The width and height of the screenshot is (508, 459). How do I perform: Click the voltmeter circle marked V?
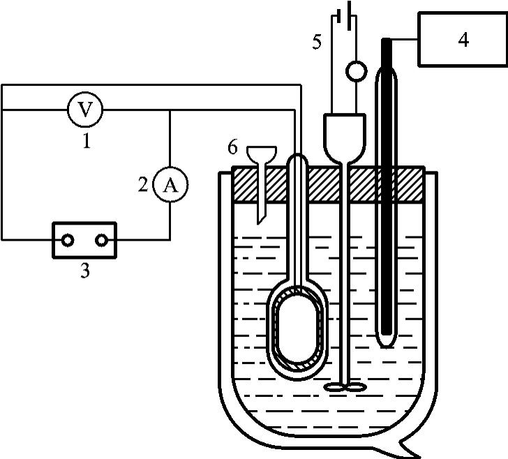pos(85,110)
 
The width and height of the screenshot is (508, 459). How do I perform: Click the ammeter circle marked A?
pos(170,185)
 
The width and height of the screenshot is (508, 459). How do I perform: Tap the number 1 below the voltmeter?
pos(87,141)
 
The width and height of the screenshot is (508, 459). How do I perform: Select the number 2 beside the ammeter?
pos(143,185)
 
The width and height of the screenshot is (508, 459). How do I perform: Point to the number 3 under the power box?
pos(85,271)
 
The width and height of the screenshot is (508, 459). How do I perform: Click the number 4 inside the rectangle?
pos(463,40)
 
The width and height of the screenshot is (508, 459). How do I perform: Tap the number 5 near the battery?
pos(317,42)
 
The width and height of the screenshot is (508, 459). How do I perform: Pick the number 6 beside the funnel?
pos(232,146)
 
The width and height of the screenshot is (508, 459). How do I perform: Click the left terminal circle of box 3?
pos(68,241)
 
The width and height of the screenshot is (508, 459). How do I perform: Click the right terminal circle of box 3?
pos(101,241)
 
